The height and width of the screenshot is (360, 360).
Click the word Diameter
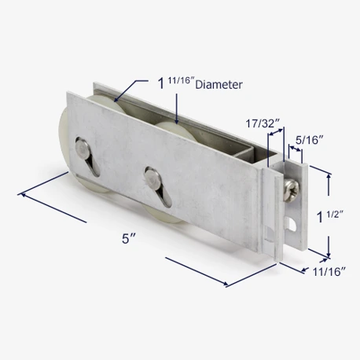[x=219, y=85]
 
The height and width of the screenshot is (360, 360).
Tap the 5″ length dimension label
[x=129, y=239]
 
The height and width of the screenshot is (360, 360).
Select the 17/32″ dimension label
[x=263, y=123]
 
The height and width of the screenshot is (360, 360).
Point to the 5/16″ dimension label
[x=309, y=140]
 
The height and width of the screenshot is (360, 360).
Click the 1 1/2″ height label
[x=330, y=217]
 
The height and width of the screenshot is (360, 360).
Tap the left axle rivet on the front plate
[x=83, y=149]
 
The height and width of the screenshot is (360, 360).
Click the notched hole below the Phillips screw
[x=292, y=223]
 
